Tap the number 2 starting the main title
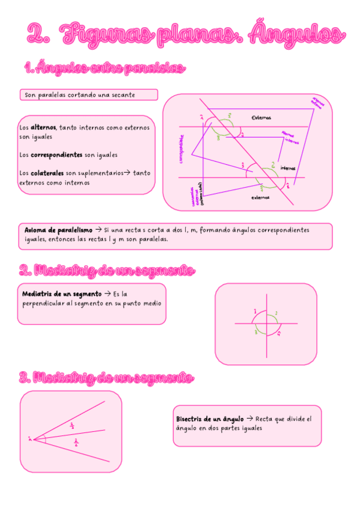(38, 35)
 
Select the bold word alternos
(43, 127)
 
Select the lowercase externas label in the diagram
(260, 197)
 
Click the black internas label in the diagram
(287, 168)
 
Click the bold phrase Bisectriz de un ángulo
(210, 418)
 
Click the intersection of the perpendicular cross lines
(264, 324)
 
